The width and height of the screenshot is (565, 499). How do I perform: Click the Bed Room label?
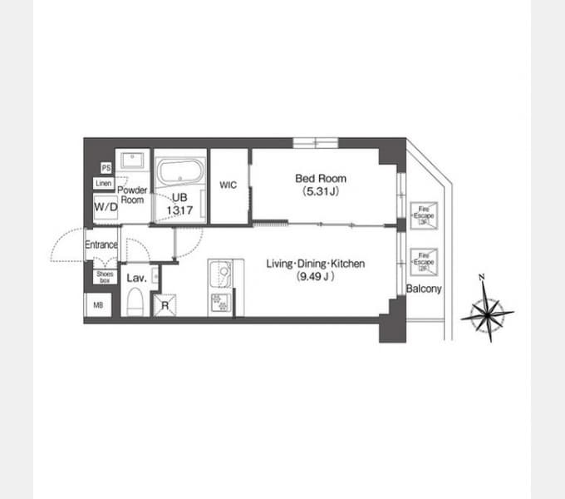[321, 178]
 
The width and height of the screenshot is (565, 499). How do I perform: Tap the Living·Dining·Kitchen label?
[316, 264]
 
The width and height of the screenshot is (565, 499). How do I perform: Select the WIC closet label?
[228, 185]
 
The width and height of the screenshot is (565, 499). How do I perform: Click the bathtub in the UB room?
[179, 173]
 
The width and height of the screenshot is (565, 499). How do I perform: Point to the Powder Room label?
[133, 195]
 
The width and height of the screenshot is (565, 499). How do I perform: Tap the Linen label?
[104, 184]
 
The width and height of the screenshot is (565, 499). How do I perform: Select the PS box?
[106, 168]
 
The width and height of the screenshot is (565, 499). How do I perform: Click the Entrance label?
[101, 245]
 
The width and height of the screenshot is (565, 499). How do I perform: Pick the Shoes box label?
[105, 277]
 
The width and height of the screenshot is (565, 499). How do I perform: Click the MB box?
[97, 304]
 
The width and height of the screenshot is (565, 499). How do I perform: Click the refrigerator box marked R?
[166, 304]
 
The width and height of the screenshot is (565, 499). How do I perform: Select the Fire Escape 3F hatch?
[423, 214]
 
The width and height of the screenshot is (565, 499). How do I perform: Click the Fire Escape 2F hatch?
[423, 260]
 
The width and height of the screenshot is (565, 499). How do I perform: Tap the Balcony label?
[424, 289]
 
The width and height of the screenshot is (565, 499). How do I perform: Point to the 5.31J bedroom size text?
[321, 191]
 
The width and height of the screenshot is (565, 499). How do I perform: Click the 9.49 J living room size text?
[316, 277]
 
